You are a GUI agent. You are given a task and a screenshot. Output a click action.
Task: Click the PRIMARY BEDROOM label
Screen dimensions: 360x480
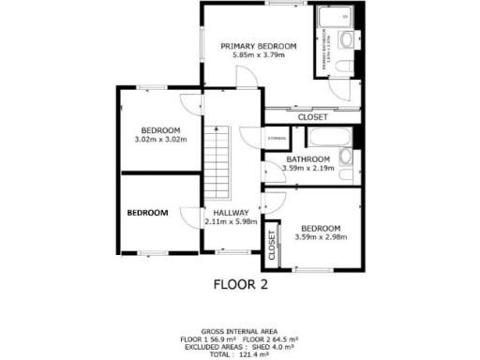pyautogui.click(x=258, y=46)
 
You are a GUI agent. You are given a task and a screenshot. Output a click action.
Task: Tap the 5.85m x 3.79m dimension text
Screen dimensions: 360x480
pyautogui.click(x=258, y=56)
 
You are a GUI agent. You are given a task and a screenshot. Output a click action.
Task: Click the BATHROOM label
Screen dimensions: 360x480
pyautogui.click(x=309, y=159)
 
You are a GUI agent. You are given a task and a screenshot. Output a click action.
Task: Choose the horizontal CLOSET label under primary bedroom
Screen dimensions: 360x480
pyautogui.click(x=312, y=117)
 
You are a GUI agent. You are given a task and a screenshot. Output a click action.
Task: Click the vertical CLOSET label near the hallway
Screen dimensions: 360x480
pyautogui.click(x=273, y=244)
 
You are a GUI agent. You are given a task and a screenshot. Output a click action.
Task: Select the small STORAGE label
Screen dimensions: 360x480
pyautogui.click(x=277, y=139)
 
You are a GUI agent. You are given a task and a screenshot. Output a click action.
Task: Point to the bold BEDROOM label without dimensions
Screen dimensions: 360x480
pyautogui.click(x=148, y=213)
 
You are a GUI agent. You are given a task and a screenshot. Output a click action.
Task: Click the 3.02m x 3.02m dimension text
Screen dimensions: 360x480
pyautogui.click(x=161, y=140)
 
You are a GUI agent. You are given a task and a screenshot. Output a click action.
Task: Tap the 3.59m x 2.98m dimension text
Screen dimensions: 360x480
pyautogui.click(x=321, y=237)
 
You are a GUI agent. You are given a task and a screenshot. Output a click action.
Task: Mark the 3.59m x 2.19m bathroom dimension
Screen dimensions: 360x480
pyautogui.click(x=309, y=169)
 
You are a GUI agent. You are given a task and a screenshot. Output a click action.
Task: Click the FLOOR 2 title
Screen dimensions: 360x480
pyautogui.click(x=240, y=285)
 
